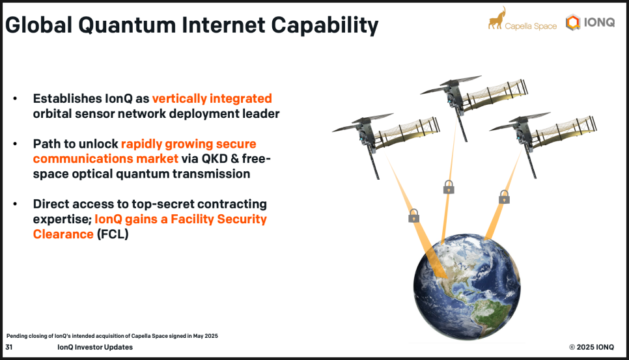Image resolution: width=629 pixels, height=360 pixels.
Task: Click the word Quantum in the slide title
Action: click(x=127, y=25)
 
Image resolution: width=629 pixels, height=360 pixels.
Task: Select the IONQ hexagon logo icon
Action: click(x=573, y=22)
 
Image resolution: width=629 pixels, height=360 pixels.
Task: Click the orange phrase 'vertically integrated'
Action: click(x=212, y=98)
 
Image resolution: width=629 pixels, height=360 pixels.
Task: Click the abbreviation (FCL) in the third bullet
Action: click(x=113, y=234)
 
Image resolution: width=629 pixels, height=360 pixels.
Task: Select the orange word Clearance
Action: click(x=63, y=234)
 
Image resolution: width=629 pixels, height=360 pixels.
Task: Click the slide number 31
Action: click(x=9, y=347)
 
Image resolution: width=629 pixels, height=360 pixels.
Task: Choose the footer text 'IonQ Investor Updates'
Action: click(x=95, y=347)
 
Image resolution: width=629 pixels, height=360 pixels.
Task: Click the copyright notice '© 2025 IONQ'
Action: click(x=591, y=347)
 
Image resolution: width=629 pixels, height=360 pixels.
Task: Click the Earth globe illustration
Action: click(x=467, y=287)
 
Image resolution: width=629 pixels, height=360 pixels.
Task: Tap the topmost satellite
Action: click(x=473, y=102)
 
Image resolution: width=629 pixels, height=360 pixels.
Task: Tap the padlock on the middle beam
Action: click(x=449, y=187)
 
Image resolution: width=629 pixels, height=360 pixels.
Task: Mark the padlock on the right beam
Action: click(x=504, y=197)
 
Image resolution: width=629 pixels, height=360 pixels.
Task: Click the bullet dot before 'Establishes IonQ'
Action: click(x=15, y=98)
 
